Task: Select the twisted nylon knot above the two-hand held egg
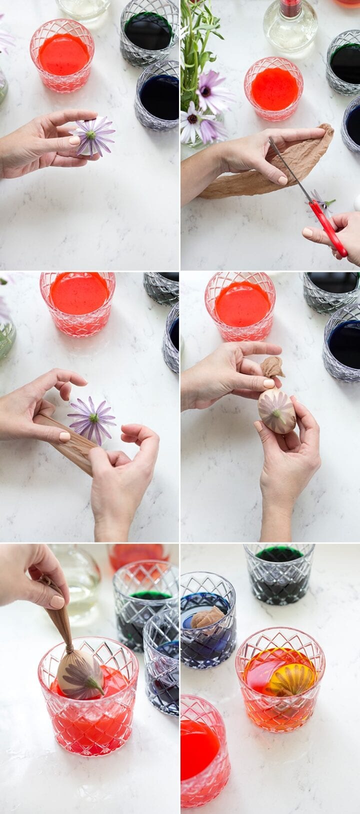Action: (272, 367)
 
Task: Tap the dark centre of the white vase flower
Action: (192, 119)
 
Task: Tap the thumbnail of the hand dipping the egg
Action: (57, 601)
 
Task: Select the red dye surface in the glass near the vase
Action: (274, 89)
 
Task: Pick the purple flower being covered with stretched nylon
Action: (92, 419)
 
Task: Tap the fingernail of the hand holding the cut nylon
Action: (282, 180)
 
